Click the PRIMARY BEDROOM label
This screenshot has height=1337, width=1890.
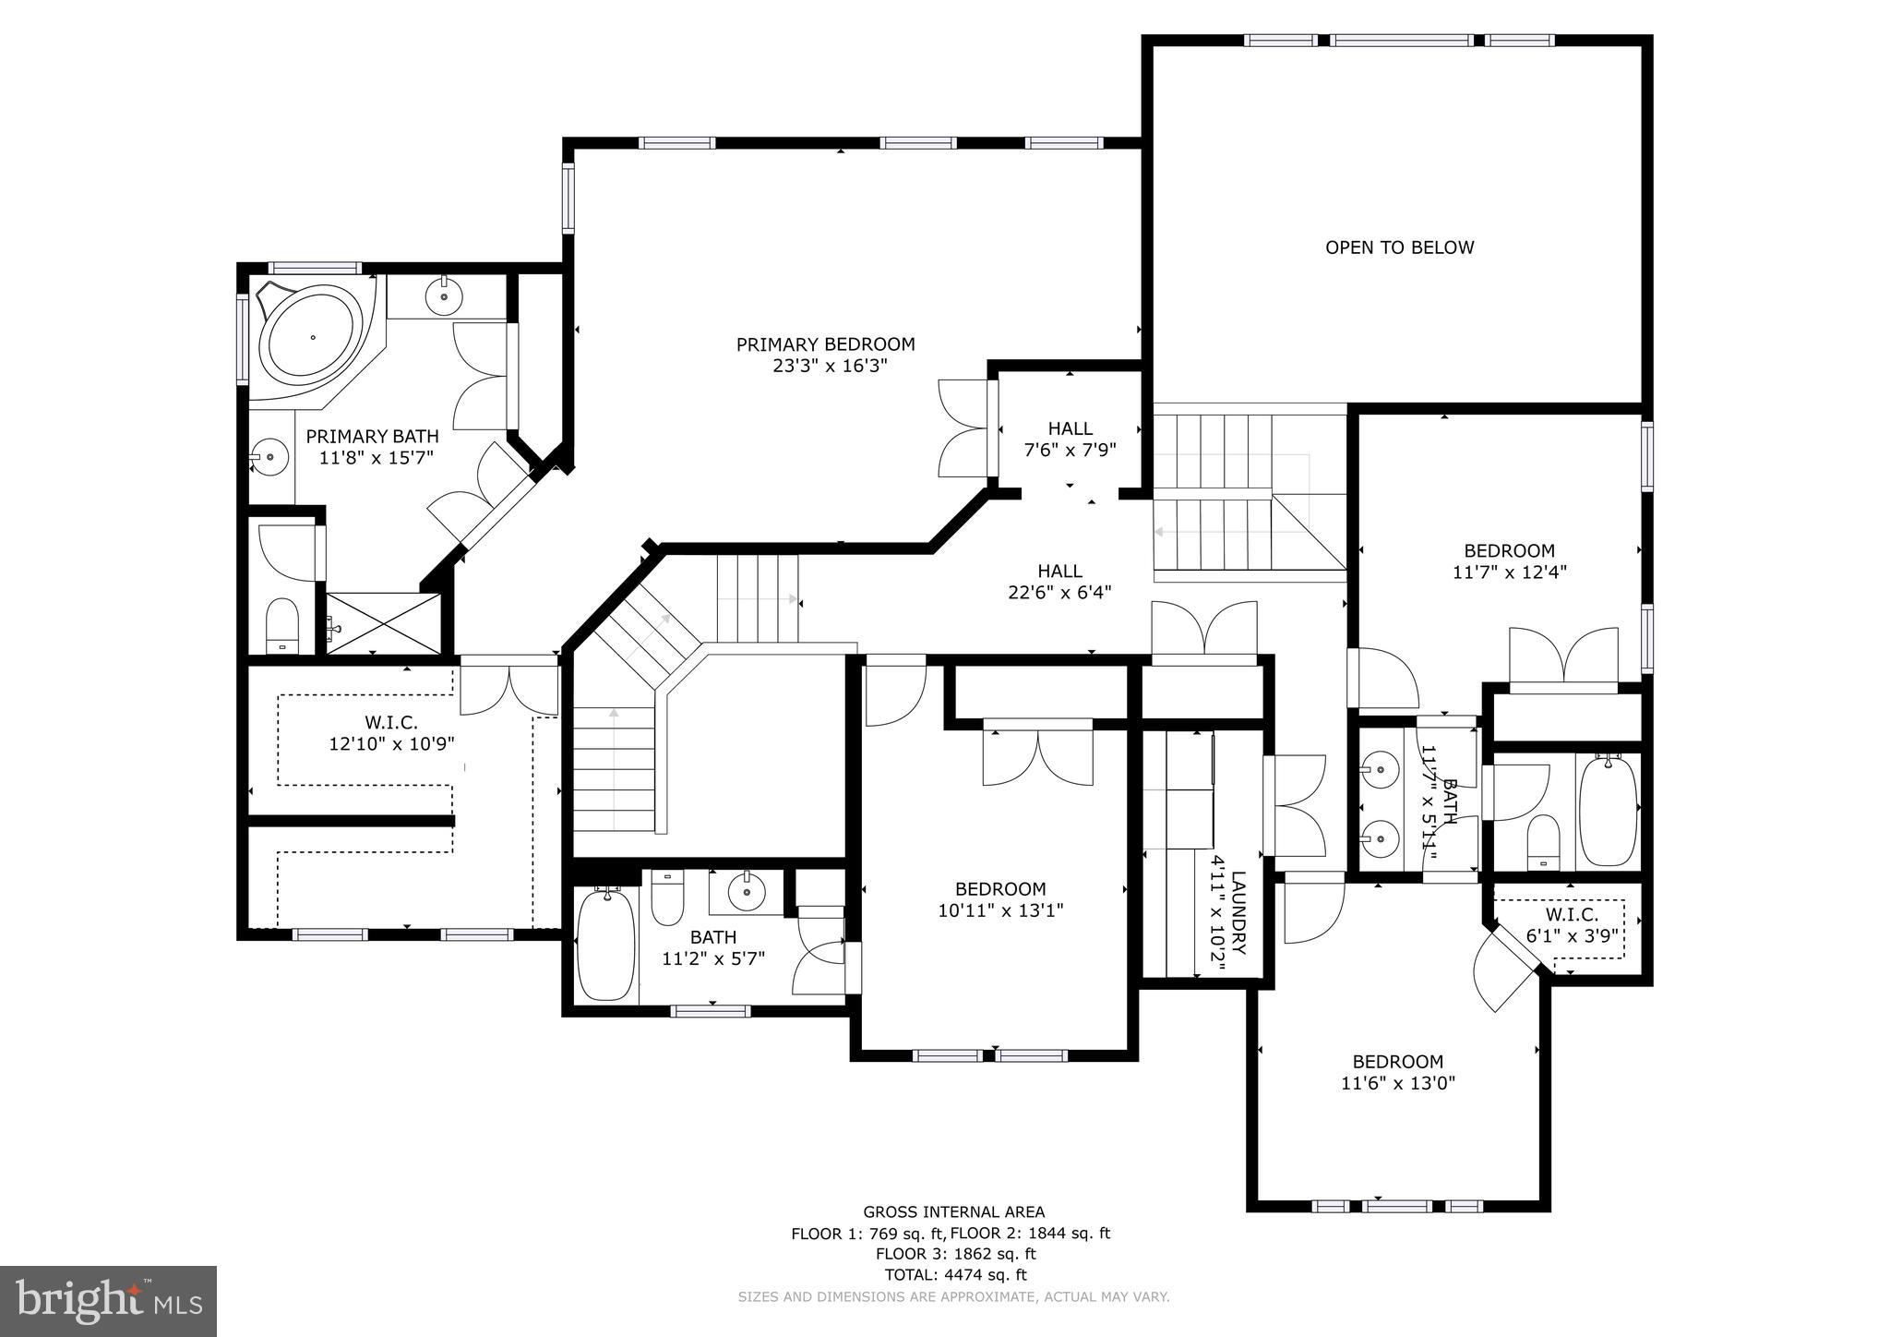825,344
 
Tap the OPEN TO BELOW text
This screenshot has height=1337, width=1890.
1399,247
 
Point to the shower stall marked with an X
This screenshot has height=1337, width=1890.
384,623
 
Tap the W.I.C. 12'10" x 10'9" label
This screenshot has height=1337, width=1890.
391,732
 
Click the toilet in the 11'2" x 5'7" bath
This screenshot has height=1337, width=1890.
666,898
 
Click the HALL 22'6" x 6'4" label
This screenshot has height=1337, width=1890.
1059,582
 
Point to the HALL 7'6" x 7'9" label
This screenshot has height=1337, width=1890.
1070,440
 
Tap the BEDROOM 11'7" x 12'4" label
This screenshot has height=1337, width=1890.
1509,561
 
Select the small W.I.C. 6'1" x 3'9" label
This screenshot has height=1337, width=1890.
1572,924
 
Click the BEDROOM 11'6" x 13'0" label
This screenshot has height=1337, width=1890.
1397,1072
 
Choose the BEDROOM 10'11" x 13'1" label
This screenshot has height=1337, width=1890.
1000,899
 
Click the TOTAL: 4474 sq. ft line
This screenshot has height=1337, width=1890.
954,1275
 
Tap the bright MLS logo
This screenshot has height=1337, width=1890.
108,1300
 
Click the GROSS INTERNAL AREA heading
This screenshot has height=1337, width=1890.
953,1211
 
